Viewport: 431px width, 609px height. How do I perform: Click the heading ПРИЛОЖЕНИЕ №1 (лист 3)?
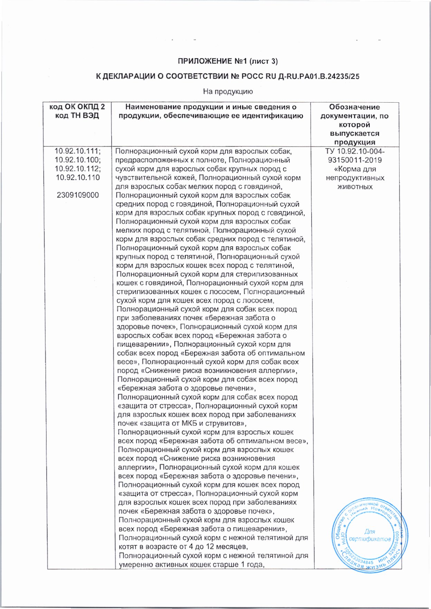click(228, 62)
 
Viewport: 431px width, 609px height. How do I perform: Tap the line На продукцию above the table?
click(228, 92)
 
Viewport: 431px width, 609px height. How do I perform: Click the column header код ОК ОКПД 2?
click(77, 107)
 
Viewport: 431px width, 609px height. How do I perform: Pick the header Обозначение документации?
click(354, 111)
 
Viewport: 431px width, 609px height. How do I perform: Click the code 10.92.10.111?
click(77, 151)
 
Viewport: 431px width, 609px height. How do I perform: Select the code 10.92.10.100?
click(77, 160)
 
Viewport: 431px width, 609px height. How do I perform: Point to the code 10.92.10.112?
click(77, 169)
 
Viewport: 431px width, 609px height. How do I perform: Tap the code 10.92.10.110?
click(78, 178)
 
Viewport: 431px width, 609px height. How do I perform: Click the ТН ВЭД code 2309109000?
click(78, 195)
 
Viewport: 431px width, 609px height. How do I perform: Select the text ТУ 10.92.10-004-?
click(355, 151)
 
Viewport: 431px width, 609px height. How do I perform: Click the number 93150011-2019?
click(355, 160)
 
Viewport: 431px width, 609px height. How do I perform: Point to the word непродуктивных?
click(355, 178)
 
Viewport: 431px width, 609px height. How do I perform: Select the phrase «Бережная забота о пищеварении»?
click(225, 529)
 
